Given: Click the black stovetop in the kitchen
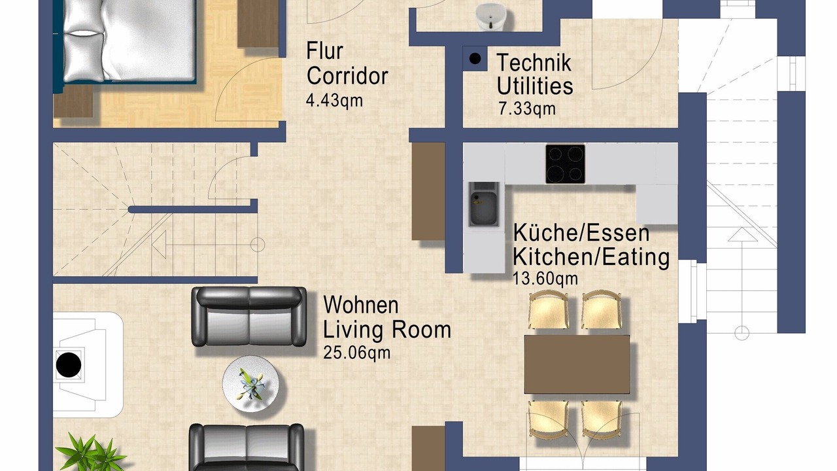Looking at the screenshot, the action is [x=565, y=164].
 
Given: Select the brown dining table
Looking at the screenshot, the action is [x=577, y=364].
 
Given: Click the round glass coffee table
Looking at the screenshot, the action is [x=250, y=383].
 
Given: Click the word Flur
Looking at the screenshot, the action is [x=324, y=51].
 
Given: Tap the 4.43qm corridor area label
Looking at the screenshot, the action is [x=334, y=101].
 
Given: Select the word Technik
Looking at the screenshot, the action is [x=534, y=62].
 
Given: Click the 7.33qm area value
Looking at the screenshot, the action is [x=527, y=109].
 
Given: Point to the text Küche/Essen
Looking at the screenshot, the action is [x=581, y=232].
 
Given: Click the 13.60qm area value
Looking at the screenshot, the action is [x=545, y=279].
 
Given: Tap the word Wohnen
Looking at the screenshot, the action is [x=360, y=305].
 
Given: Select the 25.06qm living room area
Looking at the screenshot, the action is [x=356, y=353].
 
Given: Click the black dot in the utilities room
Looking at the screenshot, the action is [x=475, y=59].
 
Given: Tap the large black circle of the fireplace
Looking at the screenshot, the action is [x=69, y=364].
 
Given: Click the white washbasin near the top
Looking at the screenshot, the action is [x=491, y=16].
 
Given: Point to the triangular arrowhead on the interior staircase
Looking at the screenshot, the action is [x=159, y=245].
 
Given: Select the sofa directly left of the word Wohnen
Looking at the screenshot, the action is [x=249, y=317].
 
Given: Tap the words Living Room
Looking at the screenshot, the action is [x=386, y=330].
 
